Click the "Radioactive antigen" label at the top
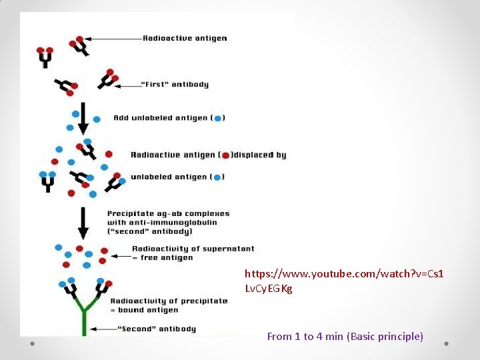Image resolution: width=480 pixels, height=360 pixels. [x=185, y=38]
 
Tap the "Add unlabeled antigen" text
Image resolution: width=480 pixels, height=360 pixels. [x=161, y=118]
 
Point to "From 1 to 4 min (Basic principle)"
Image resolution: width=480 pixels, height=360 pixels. [x=345, y=337]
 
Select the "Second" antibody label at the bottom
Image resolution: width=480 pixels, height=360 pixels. [x=157, y=329]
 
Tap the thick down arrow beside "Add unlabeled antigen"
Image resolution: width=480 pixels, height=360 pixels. [x=83, y=118]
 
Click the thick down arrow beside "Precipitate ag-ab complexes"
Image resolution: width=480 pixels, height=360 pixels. [x=83, y=224]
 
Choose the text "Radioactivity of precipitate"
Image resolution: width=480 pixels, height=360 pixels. [x=169, y=301]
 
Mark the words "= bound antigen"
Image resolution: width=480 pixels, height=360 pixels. [x=144, y=310]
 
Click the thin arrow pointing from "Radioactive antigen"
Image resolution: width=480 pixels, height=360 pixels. [x=114, y=39]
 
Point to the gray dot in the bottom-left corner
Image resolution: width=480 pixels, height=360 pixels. [x=33, y=343]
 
